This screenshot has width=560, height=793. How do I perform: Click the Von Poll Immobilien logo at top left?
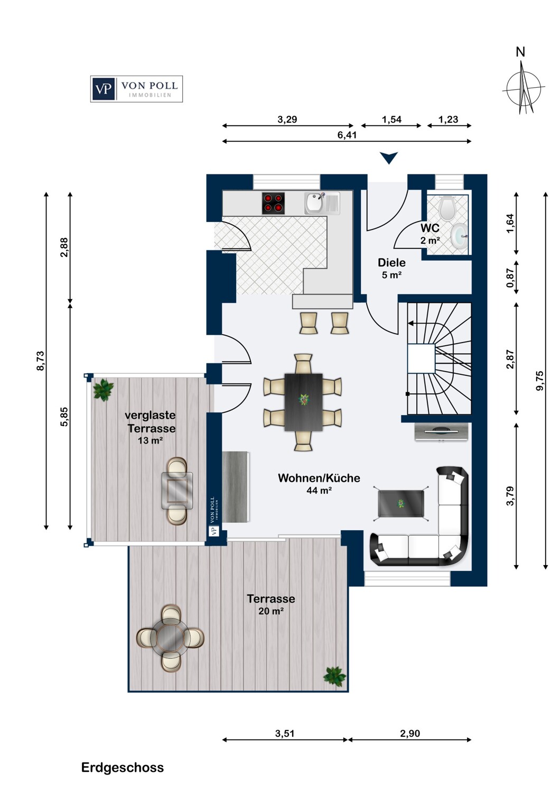tap(136, 89)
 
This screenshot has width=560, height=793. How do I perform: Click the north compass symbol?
tap(523, 88)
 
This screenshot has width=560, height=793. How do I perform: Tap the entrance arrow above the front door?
tap(389, 158)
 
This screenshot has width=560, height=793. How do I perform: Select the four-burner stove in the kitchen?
tap(273, 204)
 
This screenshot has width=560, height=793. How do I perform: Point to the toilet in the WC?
tap(447, 208)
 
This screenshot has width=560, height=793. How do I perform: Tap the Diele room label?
tap(391, 263)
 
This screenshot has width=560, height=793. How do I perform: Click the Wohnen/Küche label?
tap(319, 478)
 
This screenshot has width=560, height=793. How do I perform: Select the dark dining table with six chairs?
tap(303, 402)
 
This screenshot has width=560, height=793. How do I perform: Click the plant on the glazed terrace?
tap(103, 390)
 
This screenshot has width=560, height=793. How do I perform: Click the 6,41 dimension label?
tap(347, 135)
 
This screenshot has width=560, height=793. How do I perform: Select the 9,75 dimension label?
tap(539, 381)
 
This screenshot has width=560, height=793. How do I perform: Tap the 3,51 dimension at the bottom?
tap(285, 733)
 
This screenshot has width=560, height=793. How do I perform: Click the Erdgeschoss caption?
tap(123, 768)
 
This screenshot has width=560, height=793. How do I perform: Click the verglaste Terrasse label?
tap(151, 422)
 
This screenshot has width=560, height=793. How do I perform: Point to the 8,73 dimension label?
tap(41, 361)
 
